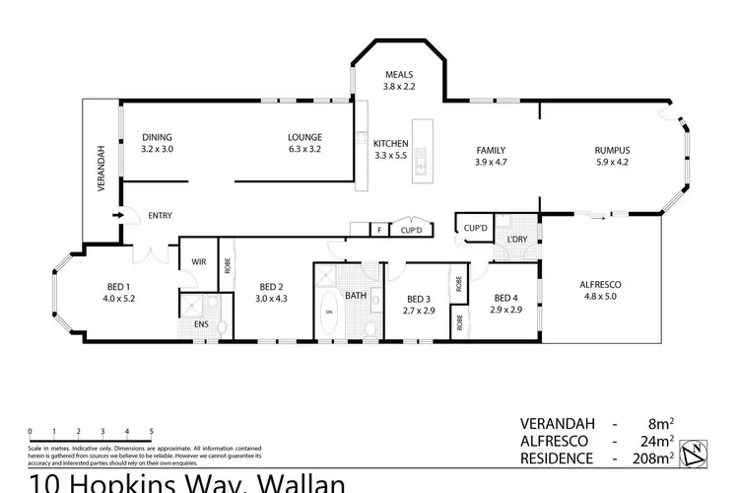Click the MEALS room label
click(x=399, y=75)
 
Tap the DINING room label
click(x=157, y=137)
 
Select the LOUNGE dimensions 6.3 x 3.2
click(x=303, y=149)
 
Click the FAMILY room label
click(x=490, y=150)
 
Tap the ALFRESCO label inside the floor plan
click(x=601, y=284)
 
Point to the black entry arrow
click(x=117, y=215)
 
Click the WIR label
click(x=197, y=263)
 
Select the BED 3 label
click(x=420, y=298)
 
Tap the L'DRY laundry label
click(x=515, y=240)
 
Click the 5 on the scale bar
click(x=151, y=432)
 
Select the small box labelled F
click(x=379, y=230)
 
